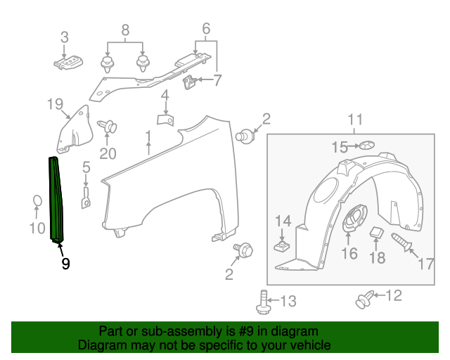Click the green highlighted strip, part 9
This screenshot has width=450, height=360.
pos(56,200)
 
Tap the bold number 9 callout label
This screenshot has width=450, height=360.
pos(65,264)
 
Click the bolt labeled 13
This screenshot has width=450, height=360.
pos(263,301)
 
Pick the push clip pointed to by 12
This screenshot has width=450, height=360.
pos(364,300)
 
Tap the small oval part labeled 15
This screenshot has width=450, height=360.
pos(368,146)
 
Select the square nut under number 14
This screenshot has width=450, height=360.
pos(282,247)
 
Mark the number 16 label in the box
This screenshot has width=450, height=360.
pos(349,253)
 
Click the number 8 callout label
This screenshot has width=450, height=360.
pos(125,30)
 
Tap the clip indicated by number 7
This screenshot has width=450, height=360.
pos(189,84)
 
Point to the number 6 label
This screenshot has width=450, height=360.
pos(206,29)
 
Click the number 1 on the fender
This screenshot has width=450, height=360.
pos(148,135)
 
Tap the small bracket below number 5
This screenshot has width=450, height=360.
pos(85,198)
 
